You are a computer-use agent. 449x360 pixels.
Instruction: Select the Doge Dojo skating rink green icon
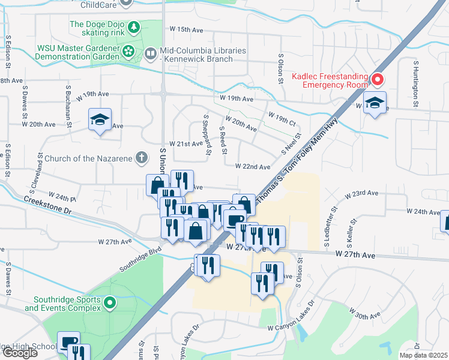(133, 26)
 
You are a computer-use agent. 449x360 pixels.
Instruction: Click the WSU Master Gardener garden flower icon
(128, 52)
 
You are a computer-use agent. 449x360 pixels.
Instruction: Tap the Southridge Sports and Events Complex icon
(109, 303)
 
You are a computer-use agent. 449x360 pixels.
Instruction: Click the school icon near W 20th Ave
(100, 120)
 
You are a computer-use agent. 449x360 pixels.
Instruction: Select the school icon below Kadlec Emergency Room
(375, 104)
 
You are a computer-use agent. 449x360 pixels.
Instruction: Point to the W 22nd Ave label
(252, 166)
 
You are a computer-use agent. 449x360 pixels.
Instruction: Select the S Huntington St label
(415, 81)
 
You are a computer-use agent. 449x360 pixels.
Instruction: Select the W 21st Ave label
(186, 144)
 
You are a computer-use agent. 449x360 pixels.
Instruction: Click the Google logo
(20, 353)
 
